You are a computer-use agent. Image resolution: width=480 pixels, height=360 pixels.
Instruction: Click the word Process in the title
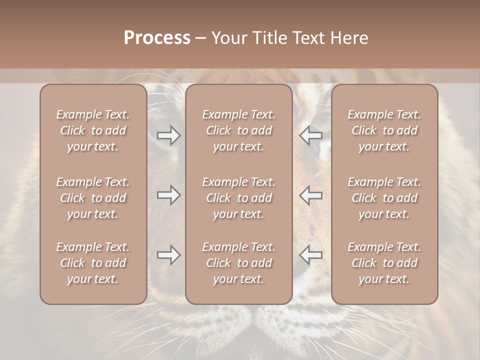[157, 38]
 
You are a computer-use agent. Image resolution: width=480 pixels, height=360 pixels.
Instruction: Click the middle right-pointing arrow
[168, 195]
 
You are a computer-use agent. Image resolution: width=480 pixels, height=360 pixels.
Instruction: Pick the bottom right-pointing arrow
[168, 255]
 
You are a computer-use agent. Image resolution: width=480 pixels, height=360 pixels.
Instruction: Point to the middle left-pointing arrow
[311, 195]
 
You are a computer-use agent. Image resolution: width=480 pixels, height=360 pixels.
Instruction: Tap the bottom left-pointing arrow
[311, 255]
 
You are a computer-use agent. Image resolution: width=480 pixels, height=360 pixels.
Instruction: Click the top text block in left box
[93, 130]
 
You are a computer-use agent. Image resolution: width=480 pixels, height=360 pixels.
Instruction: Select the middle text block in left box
[93, 198]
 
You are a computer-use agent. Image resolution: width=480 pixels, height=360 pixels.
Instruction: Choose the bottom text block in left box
[93, 263]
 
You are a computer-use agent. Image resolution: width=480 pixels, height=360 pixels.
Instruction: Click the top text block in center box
[238, 130]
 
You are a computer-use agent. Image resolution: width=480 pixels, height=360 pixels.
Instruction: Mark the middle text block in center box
[238, 198]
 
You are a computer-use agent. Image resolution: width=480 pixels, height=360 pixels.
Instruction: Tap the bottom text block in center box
[238, 263]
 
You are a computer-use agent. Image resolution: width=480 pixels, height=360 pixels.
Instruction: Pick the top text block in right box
[384, 130]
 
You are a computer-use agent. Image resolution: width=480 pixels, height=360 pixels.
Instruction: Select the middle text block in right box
[384, 198]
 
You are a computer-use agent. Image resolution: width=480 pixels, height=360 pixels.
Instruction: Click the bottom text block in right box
[384, 263]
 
